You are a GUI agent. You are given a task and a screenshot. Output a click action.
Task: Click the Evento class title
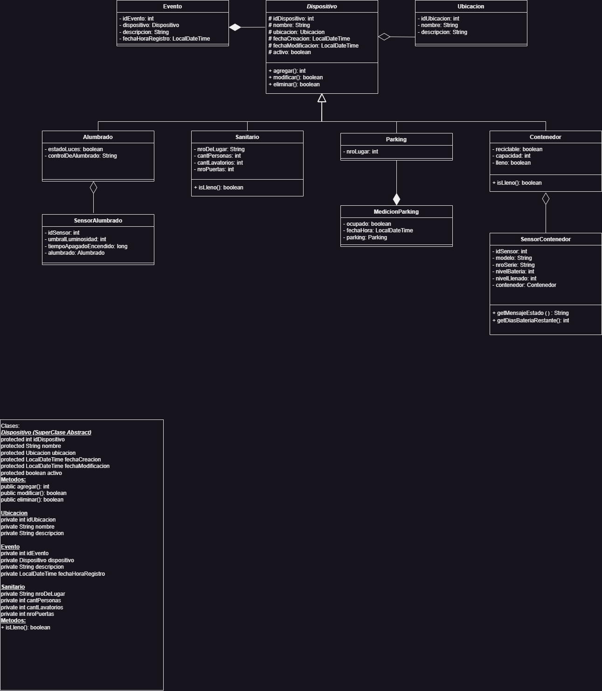click(x=173, y=7)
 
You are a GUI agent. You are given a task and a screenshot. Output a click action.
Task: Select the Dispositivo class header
click(x=322, y=7)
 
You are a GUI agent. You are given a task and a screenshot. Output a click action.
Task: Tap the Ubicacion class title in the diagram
click(x=471, y=7)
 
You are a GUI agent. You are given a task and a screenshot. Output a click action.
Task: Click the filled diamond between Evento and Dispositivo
click(x=235, y=28)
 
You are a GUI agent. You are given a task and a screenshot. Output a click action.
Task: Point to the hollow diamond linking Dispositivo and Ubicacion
click(x=384, y=36)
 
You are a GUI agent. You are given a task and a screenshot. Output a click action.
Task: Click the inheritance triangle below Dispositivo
click(x=322, y=98)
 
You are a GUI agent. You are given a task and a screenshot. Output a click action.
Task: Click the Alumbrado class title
click(x=98, y=137)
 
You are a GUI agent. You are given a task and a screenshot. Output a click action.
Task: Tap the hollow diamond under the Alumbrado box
click(x=93, y=188)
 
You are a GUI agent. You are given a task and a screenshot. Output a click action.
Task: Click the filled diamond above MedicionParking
click(x=396, y=199)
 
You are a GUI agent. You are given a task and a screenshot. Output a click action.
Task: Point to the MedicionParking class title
click(x=396, y=212)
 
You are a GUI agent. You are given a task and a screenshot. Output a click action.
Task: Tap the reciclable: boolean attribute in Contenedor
click(x=517, y=149)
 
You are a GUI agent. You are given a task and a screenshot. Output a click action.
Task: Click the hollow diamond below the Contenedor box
click(x=546, y=199)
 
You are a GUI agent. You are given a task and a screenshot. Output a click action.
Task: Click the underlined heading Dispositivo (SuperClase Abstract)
click(x=46, y=433)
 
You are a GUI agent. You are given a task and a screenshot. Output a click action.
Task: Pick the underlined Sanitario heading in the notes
click(x=13, y=587)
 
